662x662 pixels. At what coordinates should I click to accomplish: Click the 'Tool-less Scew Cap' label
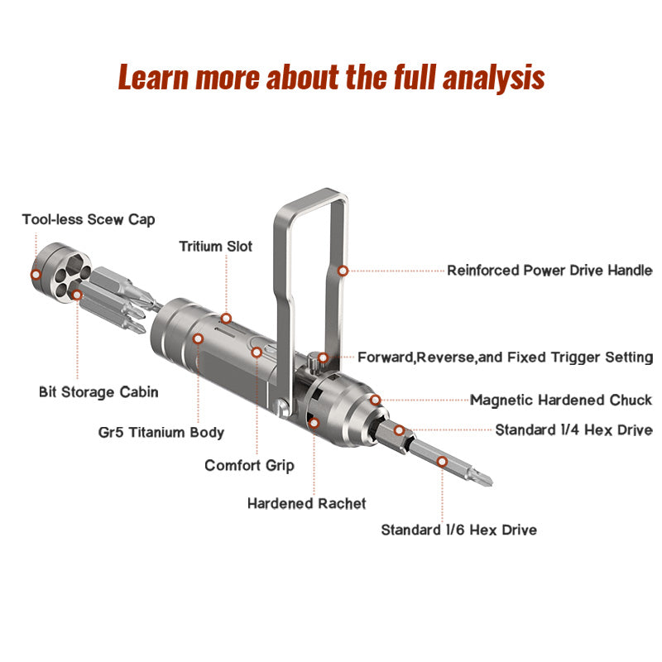click(x=89, y=219)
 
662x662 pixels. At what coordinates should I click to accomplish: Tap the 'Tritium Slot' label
click(x=216, y=246)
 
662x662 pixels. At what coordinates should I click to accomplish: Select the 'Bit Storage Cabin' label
click(x=98, y=392)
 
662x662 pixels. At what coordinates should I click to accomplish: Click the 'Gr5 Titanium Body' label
click(x=161, y=432)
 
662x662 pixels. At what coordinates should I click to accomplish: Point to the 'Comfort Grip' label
click(x=249, y=466)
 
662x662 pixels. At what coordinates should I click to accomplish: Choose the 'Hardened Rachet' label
click(x=306, y=503)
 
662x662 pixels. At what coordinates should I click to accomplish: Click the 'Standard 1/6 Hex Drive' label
click(x=459, y=530)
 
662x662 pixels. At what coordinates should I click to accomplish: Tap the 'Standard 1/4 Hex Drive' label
click(x=573, y=430)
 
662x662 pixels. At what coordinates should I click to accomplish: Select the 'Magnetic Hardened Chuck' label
click(x=561, y=401)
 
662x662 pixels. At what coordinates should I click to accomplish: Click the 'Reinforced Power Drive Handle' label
click(x=549, y=271)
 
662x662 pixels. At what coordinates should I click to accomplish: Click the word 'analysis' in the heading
click(x=493, y=78)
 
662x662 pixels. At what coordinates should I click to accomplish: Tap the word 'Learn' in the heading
click(x=153, y=77)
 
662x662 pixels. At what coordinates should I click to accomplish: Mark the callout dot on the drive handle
click(x=343, y=271)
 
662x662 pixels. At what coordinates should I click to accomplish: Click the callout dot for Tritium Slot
click(x=226, y=319)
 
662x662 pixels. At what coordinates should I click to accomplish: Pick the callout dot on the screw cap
click(x=36, y=275)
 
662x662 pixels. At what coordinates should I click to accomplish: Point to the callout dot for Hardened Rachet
click(x=314, y=423)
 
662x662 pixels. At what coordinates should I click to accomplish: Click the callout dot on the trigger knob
click(x=323, y=358)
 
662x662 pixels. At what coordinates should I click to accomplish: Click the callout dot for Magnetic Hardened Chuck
click(x=376, y=400)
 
